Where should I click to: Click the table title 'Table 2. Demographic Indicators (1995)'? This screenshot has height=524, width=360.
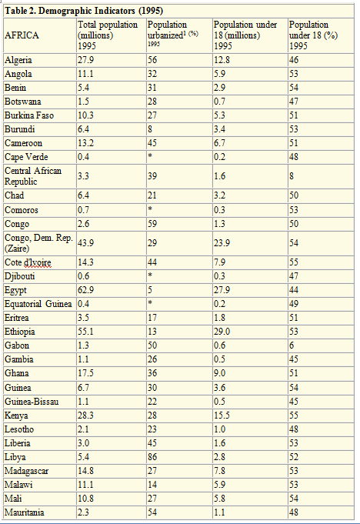[x=84, y=11]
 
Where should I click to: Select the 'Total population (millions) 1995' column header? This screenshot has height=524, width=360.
[x=108, y=35]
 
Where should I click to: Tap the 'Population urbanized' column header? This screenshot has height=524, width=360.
[x=173, y=34]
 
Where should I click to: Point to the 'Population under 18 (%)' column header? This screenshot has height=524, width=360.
[x=313, y=35]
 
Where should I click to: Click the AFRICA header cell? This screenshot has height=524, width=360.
[x=22, y=35]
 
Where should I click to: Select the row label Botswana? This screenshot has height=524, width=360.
[x=23, y=102]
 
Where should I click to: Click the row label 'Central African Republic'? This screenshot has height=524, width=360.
[x=33, y=176]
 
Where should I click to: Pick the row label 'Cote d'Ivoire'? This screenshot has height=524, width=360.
[x=28, y=262]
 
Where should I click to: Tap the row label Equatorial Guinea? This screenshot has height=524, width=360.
[x=38, y=304]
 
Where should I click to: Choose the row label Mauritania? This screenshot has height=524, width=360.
[x=24, y=512]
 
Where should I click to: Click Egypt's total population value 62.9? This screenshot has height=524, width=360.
[x=85, y=290]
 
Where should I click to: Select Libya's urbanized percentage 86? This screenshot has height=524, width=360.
[x=152, y=457]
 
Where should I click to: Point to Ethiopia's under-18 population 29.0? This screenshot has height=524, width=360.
[x=222, y=332]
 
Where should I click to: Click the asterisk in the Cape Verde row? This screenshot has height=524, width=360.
[x=150, y=155]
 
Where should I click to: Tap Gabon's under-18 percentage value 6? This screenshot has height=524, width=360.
[x=292, y=345]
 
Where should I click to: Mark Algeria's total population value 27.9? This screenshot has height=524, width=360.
[x=85, y=60]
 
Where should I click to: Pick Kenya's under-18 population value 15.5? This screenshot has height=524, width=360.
[x=222, y=416]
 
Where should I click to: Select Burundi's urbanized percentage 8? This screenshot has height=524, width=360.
[x=150, y=129]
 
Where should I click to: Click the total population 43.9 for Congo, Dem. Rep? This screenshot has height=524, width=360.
[x=85, y=243]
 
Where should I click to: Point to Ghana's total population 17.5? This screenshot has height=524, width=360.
[x=85, y=373]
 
